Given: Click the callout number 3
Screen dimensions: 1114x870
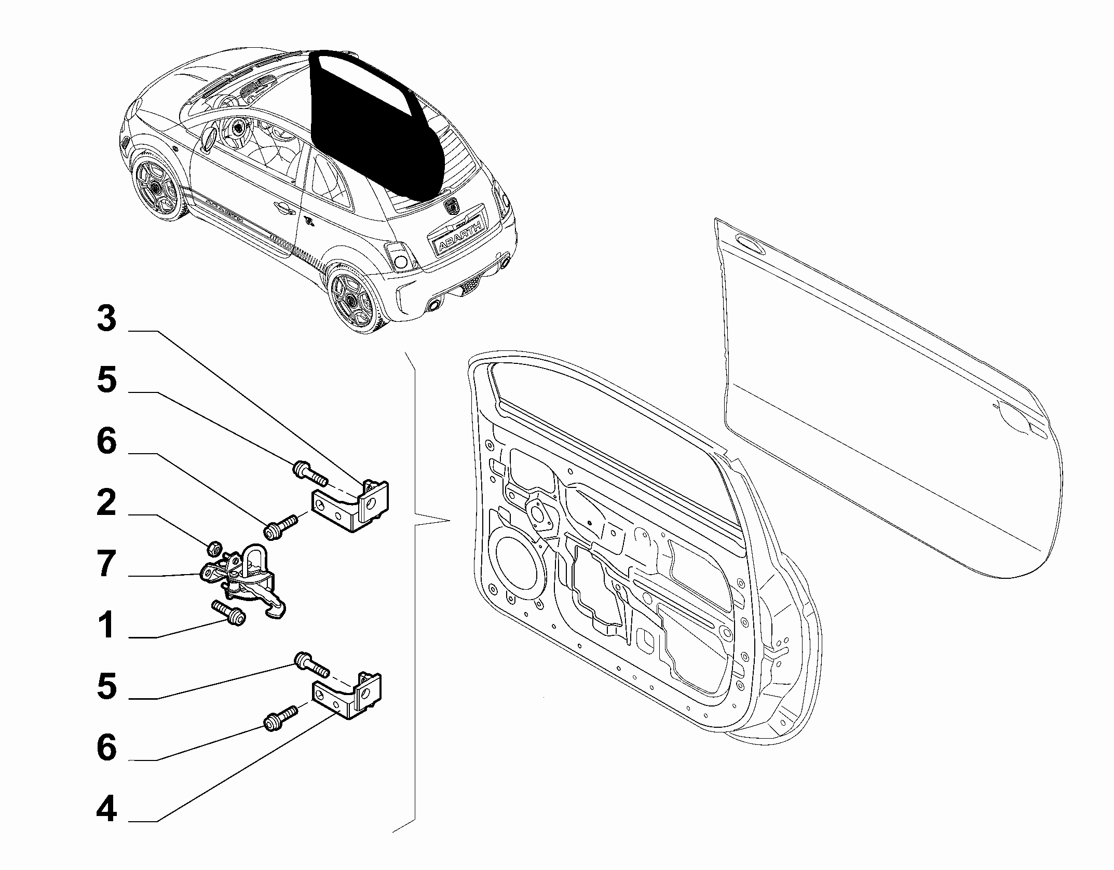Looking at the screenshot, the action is point(107,319).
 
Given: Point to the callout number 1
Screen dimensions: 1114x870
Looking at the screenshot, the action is point(107,625).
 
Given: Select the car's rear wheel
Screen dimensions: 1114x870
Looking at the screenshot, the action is point(355,298).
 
